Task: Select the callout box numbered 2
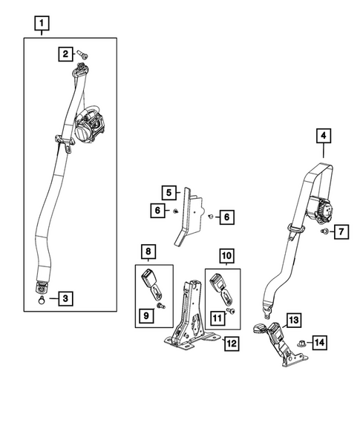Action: (66, 53)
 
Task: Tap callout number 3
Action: (66, 299)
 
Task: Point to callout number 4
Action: (323, 136)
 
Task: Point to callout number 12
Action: (232, 344)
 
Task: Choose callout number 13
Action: (293, 320)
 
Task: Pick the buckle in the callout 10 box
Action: (222, 286)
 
